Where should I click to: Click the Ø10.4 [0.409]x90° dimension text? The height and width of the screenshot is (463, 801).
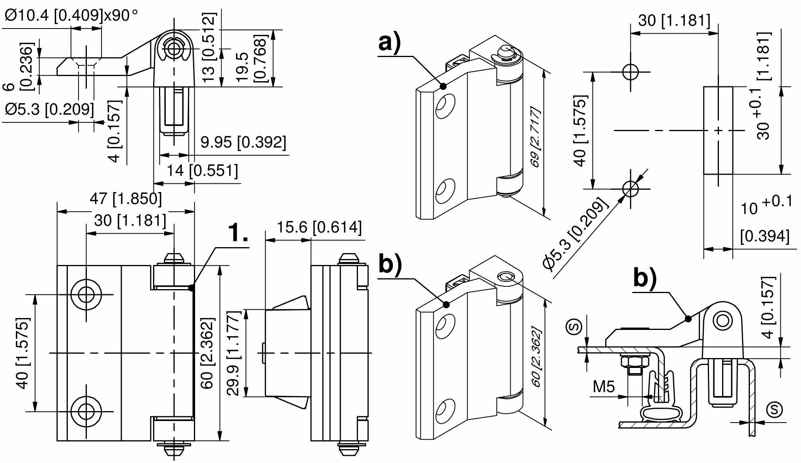tap(71, 15)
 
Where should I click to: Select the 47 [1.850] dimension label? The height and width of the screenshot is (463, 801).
tap(126, 198)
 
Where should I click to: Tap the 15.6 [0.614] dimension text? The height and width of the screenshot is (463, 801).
tap(319, 227)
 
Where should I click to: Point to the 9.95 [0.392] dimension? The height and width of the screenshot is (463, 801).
tap(243, 142)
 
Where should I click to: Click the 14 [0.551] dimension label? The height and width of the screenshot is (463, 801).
tap(202, 171)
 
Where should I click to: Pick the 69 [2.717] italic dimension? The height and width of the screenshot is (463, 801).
tap(535, 137)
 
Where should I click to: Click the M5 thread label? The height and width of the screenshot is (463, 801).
tap(604, 386)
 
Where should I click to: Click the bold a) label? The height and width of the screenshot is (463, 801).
tap(390, 42)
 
